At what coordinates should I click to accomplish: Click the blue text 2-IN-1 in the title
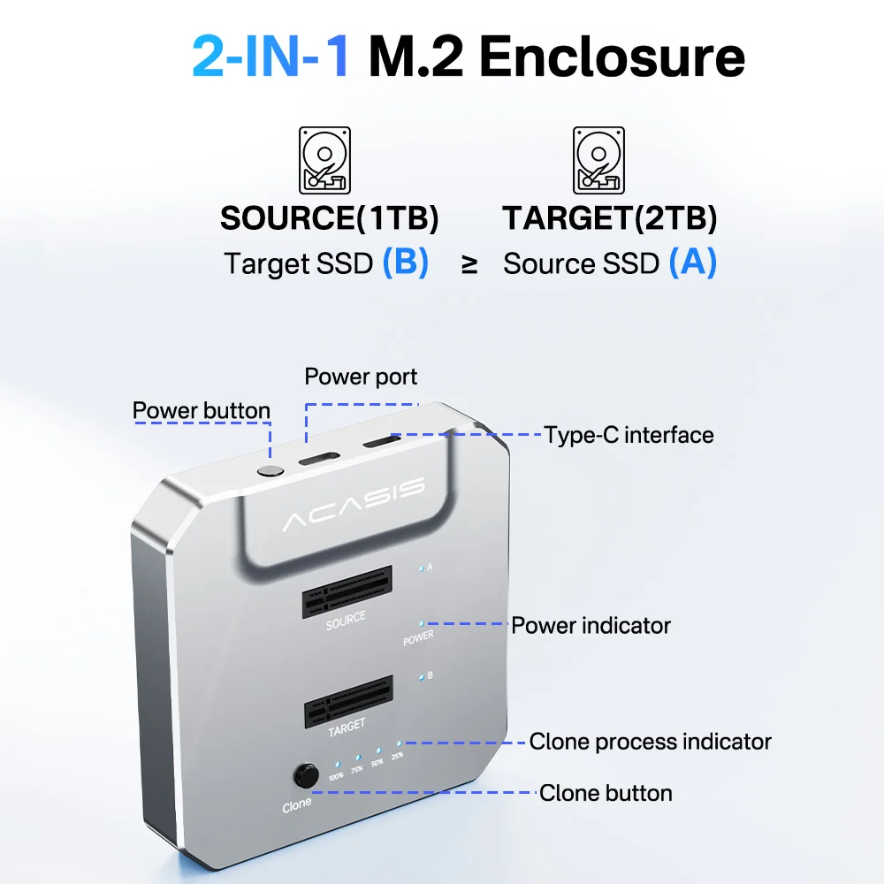[x=271, y=56]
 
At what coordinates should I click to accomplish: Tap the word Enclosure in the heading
[x=613, y=56]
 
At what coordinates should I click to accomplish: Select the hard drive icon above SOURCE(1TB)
[x=324, y=161]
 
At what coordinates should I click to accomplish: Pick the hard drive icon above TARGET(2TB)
[x=598, y=161]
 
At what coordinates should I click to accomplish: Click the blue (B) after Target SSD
[x=406, y=263]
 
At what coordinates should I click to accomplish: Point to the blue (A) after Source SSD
[x=693, y=263]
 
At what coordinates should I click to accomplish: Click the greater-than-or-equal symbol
[x=469, y=263]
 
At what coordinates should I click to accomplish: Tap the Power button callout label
[x=202, y=410]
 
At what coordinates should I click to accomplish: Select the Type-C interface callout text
[x=629, y=435]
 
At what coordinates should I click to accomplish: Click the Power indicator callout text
[x=591, y=625]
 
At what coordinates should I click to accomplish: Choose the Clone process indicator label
[x=650, y=742]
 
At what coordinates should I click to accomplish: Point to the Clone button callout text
[x=606, y=793]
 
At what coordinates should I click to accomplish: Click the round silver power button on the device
[x=271, y=471]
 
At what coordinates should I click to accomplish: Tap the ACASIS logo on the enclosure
[x=354, y=504]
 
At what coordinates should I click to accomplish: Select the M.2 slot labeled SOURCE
[x=347, y=592]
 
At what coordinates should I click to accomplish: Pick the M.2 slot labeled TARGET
[x=348, y=701]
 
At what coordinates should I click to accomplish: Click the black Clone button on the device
[x=306, y=776]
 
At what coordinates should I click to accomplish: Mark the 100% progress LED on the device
[x=337, y=765]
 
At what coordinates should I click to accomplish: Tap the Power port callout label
[x=361, y=377]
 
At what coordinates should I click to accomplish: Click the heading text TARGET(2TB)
[x=609, y=218]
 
